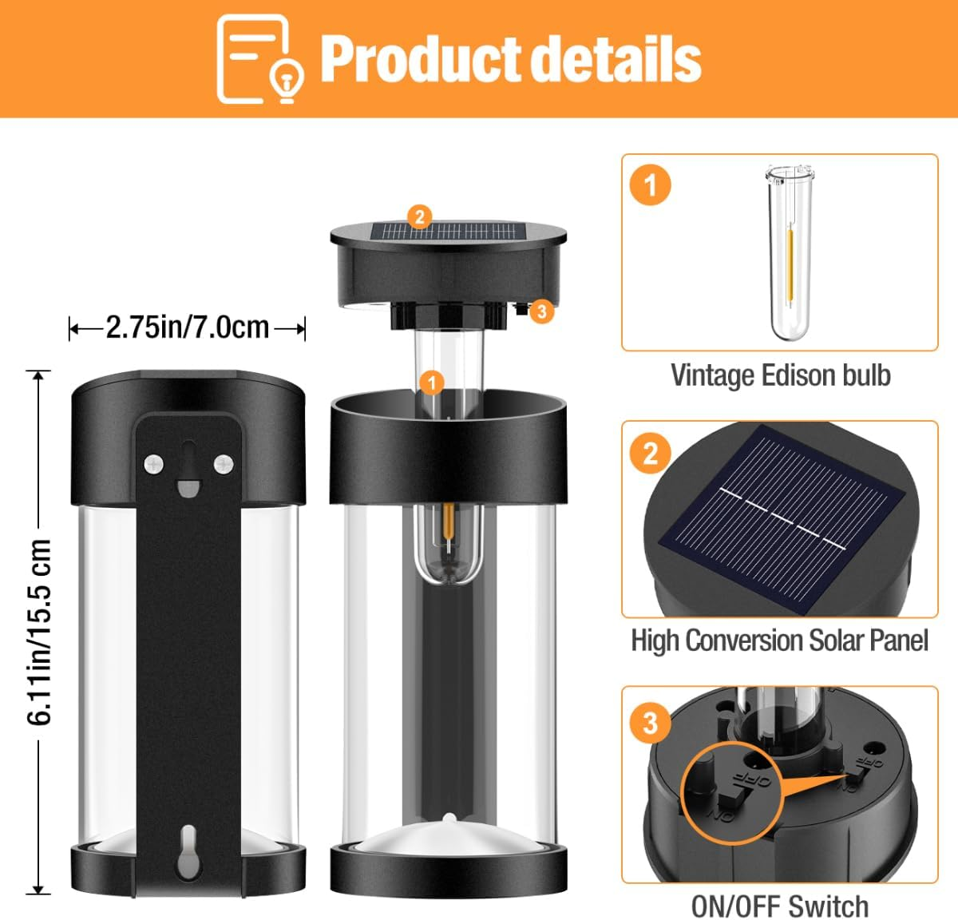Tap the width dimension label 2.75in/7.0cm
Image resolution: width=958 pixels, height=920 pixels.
(x=188, y=327)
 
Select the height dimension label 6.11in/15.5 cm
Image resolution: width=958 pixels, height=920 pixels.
(x=40, y=632)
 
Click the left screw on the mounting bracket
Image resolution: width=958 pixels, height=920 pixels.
(x=153, y=462)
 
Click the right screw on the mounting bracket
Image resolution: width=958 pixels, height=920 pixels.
(x=224, y=462)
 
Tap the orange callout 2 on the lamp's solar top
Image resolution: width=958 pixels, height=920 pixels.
(x=419, y=216)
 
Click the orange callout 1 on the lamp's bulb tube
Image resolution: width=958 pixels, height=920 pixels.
(x=432, y=383)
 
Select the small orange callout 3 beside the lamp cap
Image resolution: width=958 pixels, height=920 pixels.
(x=542, y=311)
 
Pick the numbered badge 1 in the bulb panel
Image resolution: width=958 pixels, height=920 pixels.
(x=651, y=185)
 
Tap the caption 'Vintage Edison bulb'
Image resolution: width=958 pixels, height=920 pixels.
(x=780, y=375)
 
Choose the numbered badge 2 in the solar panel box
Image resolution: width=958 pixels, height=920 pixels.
(x=651, y=453)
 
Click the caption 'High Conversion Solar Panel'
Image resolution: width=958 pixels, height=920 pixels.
(x=779, y=640)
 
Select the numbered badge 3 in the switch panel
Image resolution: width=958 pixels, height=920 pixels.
(x=651, y=722)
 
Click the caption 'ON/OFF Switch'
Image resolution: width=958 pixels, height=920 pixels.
(x=779, y=906)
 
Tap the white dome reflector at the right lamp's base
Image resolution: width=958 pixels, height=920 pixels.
(x=449, y=835)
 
